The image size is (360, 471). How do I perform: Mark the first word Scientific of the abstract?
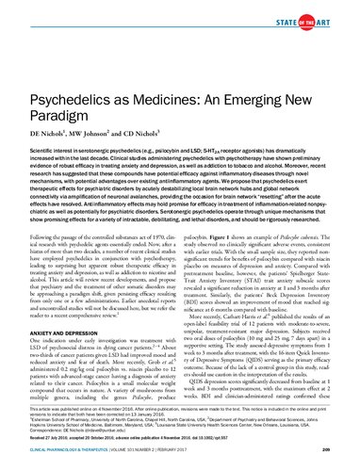tap(42, 123)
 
